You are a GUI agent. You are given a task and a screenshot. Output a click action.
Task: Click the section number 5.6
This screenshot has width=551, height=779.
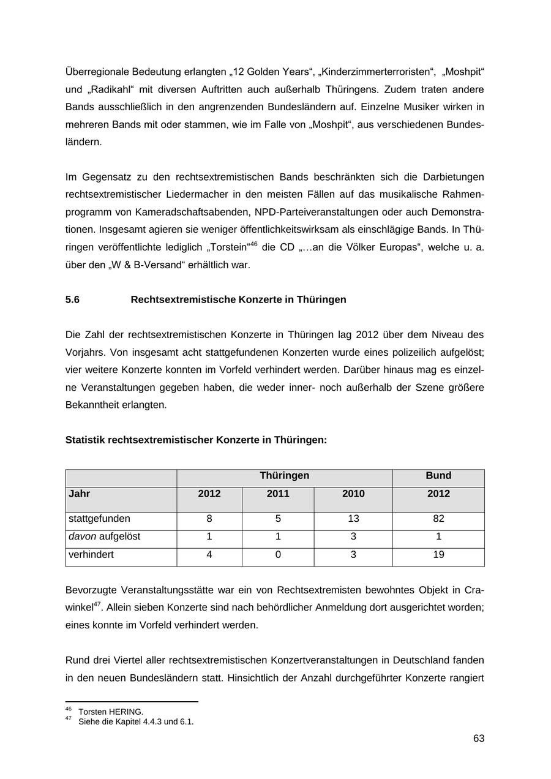(x=72, y=299)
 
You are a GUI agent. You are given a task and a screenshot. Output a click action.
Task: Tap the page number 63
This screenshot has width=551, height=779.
(x=478, y=739)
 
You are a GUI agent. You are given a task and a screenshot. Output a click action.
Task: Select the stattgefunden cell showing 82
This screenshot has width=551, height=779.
(x=438, y=519)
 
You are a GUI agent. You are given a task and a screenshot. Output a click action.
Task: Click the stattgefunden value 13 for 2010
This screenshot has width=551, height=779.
(x=353, y=519)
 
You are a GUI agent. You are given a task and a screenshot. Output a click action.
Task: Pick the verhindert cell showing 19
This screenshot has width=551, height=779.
(x=438, y=555)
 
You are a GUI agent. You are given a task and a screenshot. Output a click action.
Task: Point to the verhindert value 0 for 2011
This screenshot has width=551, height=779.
(x=278, y=555)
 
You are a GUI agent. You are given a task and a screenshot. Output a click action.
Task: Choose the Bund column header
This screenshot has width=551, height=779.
(x=438, y=476)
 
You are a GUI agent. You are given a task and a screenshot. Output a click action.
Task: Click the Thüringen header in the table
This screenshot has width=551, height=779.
(x=284, y=476)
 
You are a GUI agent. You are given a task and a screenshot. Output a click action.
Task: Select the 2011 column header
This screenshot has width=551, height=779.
(x=278, y=494)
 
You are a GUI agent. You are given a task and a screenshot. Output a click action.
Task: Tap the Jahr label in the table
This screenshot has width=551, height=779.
(x=80, y=494)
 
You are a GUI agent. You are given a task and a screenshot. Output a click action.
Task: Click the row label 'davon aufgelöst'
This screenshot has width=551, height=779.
(x=104, y=536)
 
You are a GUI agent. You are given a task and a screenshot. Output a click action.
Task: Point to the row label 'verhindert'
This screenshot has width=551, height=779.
(x=91, y=555)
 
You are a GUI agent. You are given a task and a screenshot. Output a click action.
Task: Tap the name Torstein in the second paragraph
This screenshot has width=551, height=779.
(x=229, y=247)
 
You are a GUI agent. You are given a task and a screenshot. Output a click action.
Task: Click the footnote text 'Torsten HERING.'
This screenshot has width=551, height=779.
(x=111, y=712)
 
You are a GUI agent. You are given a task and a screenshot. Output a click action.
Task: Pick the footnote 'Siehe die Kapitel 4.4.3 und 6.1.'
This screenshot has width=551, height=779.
(x=136, y=721)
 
